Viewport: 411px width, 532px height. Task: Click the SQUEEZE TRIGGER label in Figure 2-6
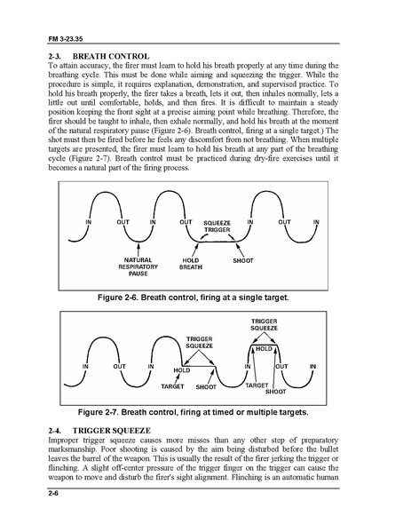217,225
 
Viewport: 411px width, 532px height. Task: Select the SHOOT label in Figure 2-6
243,260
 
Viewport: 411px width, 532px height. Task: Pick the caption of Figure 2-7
206,412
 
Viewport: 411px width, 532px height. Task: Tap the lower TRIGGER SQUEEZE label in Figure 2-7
199,343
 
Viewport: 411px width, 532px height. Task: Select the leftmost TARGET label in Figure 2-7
172,388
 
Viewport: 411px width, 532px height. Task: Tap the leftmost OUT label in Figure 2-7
118,366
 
